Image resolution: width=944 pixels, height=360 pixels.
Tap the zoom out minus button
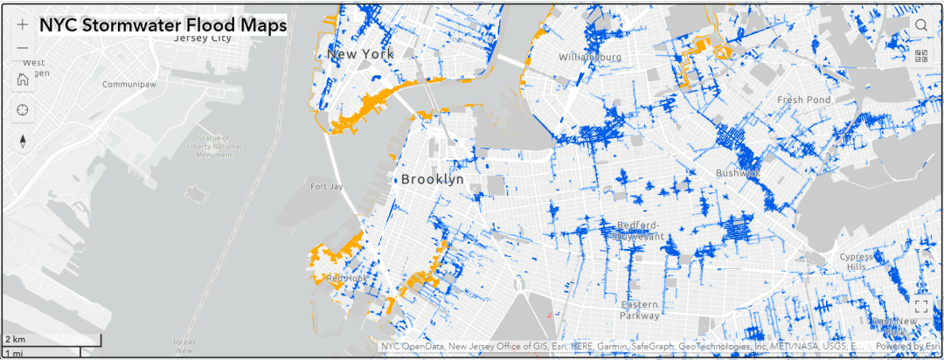pos(23,49)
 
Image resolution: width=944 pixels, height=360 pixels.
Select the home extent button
pos(23,80)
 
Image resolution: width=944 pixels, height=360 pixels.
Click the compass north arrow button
pos(23,142)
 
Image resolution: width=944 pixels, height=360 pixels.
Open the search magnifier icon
pos(921,25)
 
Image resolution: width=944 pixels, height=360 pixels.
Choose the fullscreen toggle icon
pos(921,307)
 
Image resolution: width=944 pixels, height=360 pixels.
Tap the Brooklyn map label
pos(433,179)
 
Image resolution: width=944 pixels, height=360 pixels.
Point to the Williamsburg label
pos(590,58)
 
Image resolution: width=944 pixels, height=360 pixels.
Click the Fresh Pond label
pos(803,100)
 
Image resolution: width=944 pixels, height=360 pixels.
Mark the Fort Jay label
pos(326,186)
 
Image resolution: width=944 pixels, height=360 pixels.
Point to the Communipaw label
pos(128,86)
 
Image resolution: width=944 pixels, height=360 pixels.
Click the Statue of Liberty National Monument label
pos(207,146)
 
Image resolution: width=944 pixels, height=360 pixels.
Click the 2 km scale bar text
pos(15,338)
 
